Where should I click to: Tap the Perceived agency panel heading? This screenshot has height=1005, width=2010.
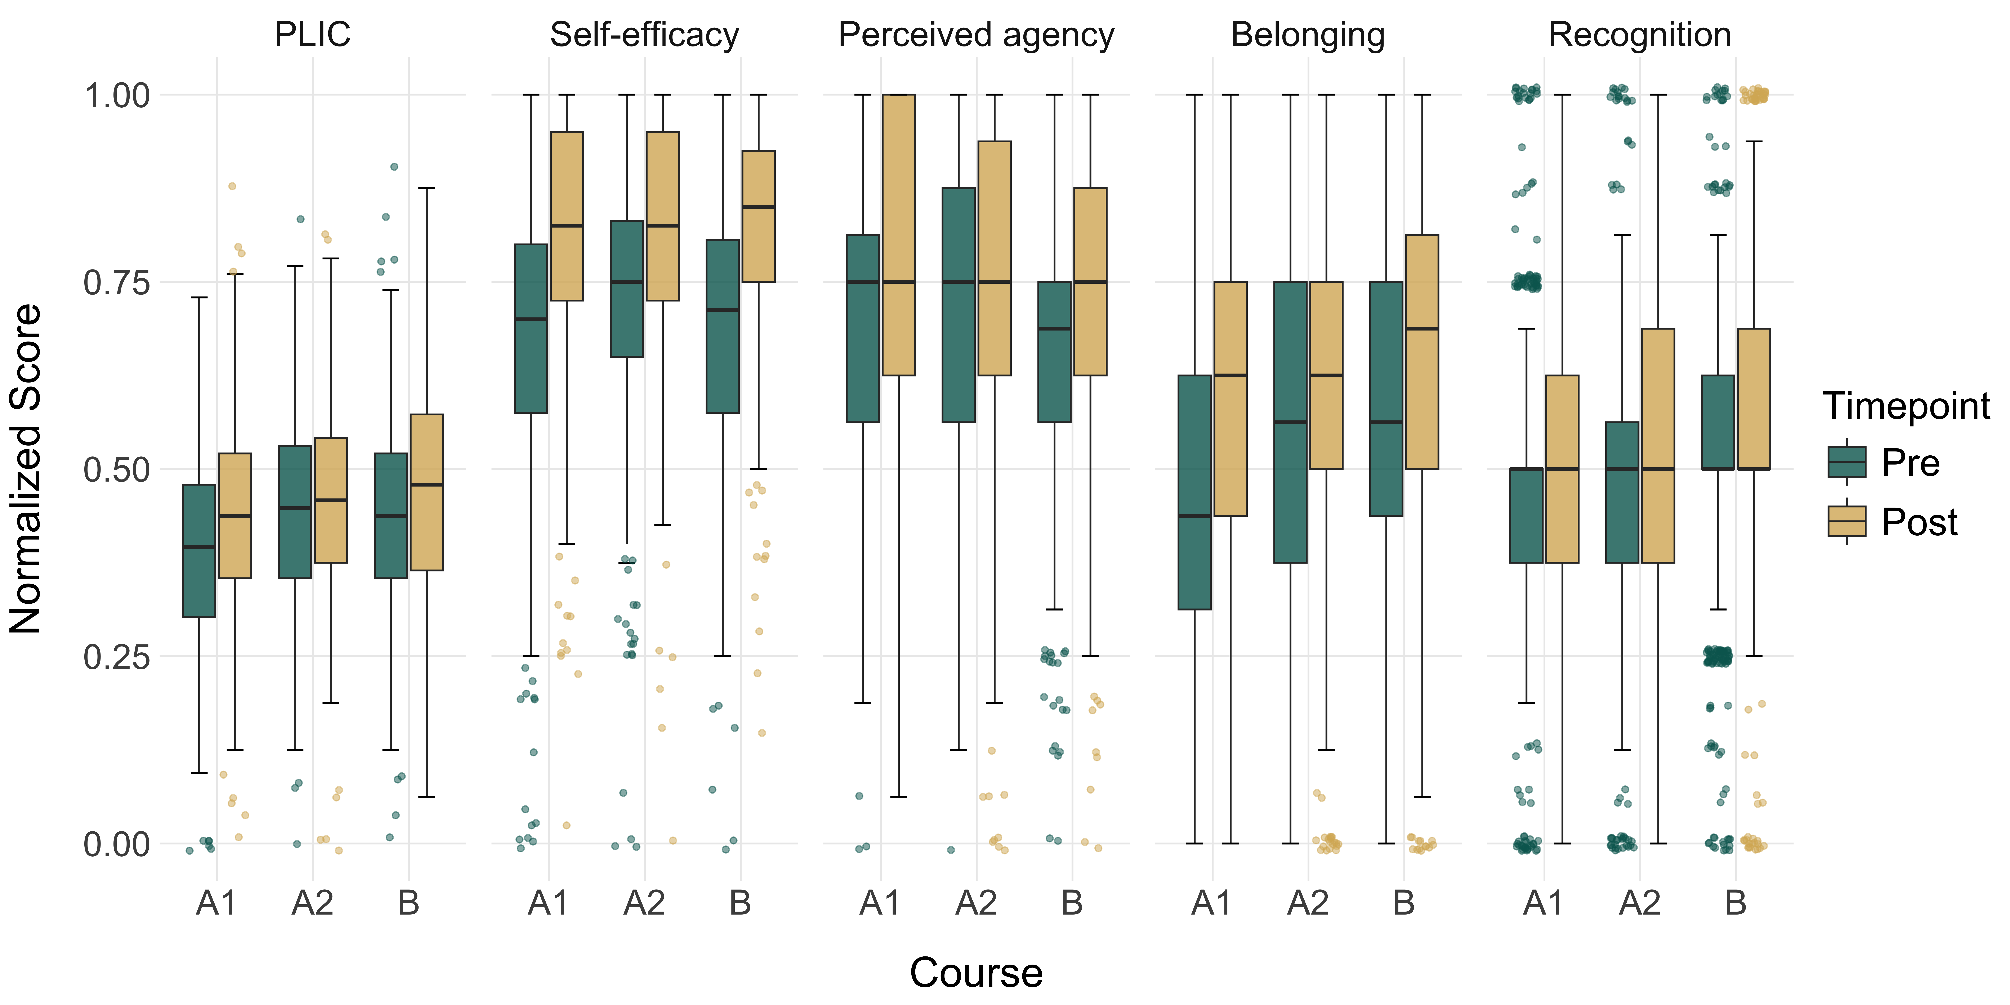pos(976,35)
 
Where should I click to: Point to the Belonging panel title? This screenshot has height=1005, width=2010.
pos(1308,35)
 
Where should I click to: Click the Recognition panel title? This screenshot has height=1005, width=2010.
pos(1639,35)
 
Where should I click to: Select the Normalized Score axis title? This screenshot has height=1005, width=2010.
pos(26,469)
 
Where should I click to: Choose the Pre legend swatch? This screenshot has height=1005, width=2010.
pos(1846,462)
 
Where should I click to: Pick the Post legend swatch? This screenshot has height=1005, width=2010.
pos(1846,521)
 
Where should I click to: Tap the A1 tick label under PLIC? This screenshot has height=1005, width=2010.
pos(216,904)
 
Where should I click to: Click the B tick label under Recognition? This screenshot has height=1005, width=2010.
pos(1735,904)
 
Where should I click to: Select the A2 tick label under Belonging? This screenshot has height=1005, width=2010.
pos(1308,904)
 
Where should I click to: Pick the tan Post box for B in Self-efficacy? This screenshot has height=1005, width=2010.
pos(758,216)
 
